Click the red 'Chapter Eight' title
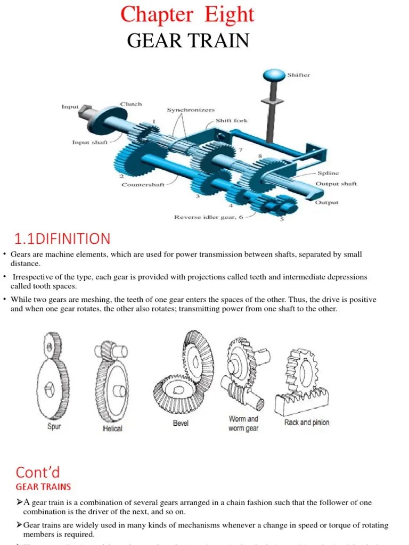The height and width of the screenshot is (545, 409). pos(187,15)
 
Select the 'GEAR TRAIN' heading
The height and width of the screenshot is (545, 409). pos(187,40)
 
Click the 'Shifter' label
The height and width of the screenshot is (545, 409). pos(298,75)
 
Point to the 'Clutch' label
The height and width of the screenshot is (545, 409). pos(131,104)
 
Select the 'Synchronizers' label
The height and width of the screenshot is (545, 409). pos(191,110)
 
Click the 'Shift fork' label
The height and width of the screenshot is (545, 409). pos(231,121)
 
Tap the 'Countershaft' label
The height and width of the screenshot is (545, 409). pos(143,185)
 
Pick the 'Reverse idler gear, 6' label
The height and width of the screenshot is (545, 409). pos(208,217)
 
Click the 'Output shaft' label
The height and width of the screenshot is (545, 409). pos(336,184)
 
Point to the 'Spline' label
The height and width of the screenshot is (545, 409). pos(328,174)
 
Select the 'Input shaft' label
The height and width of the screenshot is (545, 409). pos(90,143)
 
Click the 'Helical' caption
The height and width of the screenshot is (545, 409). pos(112,428)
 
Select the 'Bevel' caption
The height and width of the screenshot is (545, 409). pos(181,424)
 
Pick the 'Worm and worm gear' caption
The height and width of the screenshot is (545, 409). pos(243,424)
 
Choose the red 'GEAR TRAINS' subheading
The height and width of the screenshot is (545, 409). pos(43,486)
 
